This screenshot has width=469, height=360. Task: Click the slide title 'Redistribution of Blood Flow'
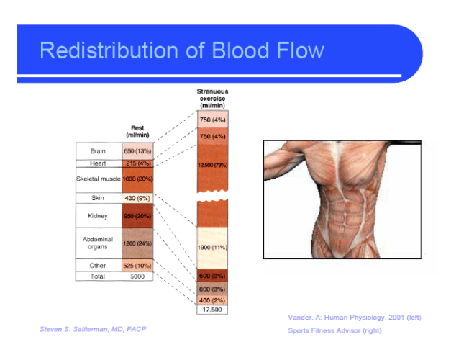point(181,50)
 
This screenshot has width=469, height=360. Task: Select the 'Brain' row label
point(98,151)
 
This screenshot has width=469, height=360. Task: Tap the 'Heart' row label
point(98,164)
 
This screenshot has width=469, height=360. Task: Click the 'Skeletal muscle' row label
point(98,179)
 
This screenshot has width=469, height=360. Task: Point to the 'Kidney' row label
point(98,215)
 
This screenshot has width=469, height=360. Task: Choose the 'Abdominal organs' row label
point(98,243)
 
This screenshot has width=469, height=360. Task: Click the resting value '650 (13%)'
point(137,151)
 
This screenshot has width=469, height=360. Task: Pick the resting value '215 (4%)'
point(137,164)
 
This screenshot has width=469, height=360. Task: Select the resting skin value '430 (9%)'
point(137,197)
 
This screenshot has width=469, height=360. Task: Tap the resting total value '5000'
point(137,276)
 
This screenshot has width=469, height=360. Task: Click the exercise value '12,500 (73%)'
point(212,166)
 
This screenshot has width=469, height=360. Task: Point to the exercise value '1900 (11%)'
point(212,247)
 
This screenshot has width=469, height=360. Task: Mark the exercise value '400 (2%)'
point(212,300)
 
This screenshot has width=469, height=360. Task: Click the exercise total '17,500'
point(212,310)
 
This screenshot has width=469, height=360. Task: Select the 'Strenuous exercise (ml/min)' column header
point(212,99)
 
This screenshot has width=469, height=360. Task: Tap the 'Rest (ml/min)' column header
point(137,132)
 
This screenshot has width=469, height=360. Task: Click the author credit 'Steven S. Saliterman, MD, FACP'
point(93,329)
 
